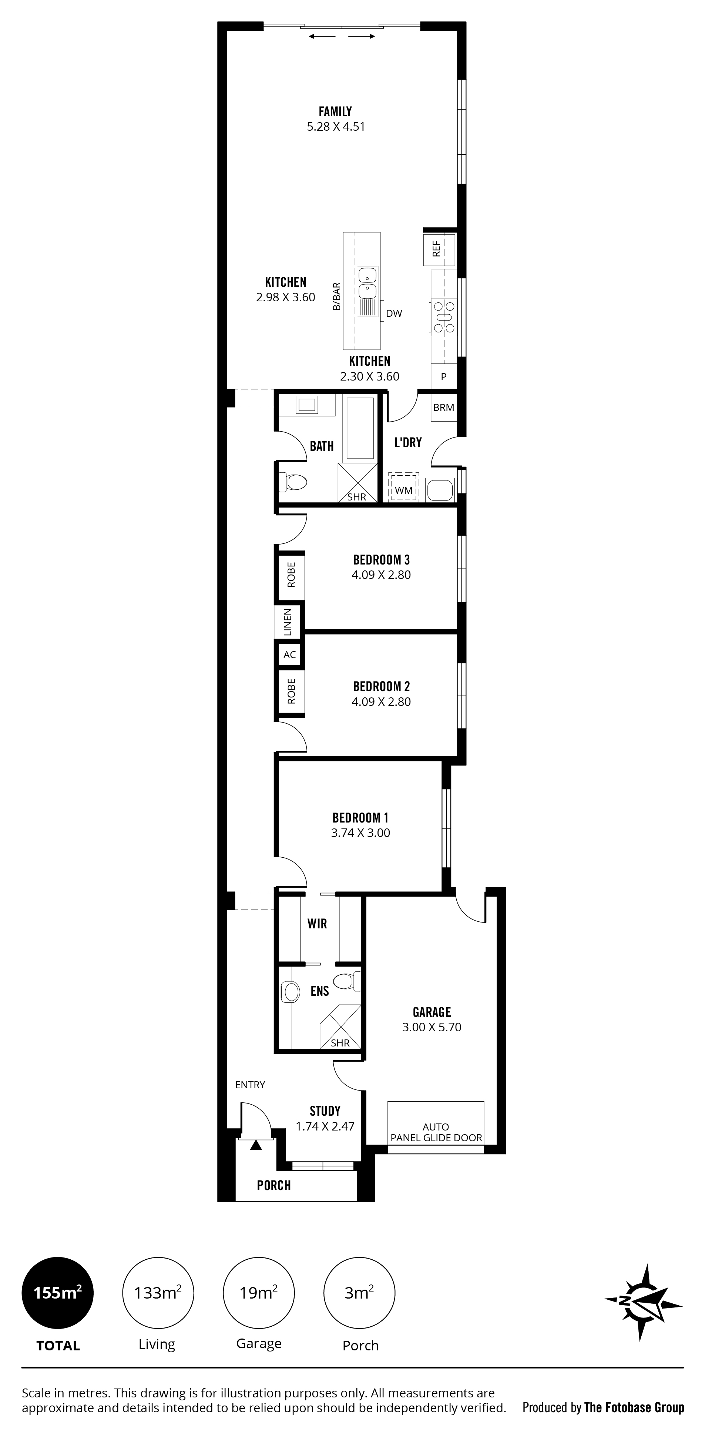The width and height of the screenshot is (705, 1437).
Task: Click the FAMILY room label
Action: pyautogui.click(x=335, y=111)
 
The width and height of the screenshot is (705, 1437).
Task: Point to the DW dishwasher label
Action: pyautogui.click(x=394, y=314)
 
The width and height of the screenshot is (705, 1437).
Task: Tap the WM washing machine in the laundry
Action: pyautogui.click(x=404, y=489)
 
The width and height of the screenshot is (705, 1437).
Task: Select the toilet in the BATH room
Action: pyautogui.click(x=293, y=482)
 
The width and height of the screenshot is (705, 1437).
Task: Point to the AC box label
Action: pyautogui.click(x=289, y=655)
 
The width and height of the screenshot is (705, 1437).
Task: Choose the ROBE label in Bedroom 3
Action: pyautogui.click(x=291, y=574)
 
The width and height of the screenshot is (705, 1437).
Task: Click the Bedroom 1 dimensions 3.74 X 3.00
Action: pyautogui.click(x=360, y=833)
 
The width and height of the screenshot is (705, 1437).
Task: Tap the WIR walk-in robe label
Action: pyautogui.click(x=318, y=923)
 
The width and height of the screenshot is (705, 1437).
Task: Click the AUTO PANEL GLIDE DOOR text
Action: pyautogui.click(x=436, y=1132)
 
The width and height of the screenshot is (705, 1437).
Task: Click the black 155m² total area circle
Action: pyautogui.click(x=57, y=1293)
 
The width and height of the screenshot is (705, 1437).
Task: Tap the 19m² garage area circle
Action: pyautogui.click(x=259, y=1293)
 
